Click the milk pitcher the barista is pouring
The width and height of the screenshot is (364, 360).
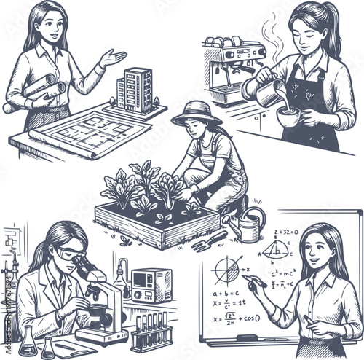[270, 93]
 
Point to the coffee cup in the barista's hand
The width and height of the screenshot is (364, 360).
[290, 116]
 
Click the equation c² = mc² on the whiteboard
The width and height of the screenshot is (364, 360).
[282, 273]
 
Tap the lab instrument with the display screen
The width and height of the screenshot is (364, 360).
[151, 283]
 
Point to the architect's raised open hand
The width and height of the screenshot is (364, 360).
[113, 57]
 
